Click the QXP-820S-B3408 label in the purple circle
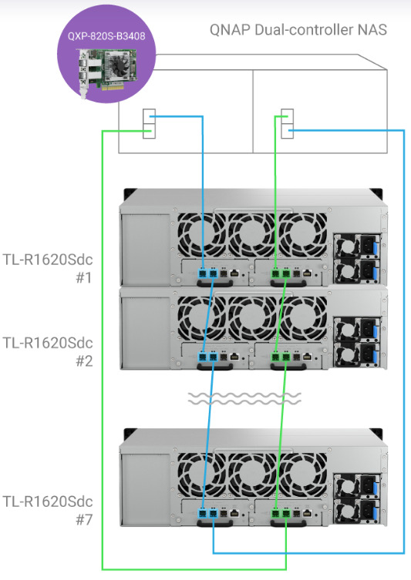pos(106,36)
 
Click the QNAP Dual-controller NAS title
pos(298,29)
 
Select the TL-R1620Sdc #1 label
pos(48,268)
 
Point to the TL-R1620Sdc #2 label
pos(48,351)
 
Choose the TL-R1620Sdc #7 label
pos(48,511)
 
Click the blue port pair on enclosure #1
pos(207,273)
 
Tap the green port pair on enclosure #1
pos(281,273)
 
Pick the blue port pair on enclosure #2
pos(207,357)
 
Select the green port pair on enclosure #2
pos(281,357)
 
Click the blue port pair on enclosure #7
pos(207,514)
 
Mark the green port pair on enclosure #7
pos(281,514)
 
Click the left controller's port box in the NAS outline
pos(150,123)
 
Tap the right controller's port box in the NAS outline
pos(288,123)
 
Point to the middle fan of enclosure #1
pos(252,234)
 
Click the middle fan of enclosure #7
pos(252,474)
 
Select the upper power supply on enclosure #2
pos(357,329)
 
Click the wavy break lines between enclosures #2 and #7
pos(244,399)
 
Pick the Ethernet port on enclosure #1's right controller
pos(308,273)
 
